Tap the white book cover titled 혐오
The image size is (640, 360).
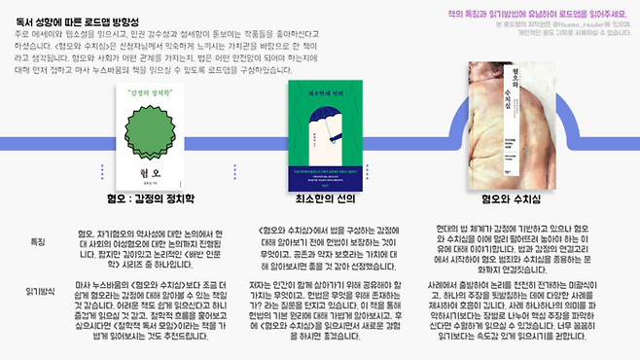[143, 137]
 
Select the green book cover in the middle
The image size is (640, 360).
[328, 134]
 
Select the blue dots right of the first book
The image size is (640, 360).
[232, 172]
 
